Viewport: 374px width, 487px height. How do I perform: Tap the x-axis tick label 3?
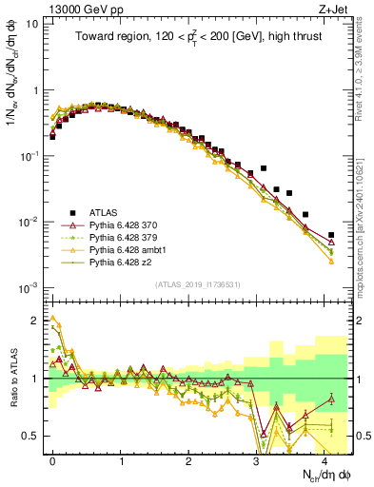point(257,459)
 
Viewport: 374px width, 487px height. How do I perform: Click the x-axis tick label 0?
point(52,459)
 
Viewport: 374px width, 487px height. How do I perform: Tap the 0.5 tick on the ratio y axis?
point(32,437)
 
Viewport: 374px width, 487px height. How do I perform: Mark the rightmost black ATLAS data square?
point(331,235)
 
